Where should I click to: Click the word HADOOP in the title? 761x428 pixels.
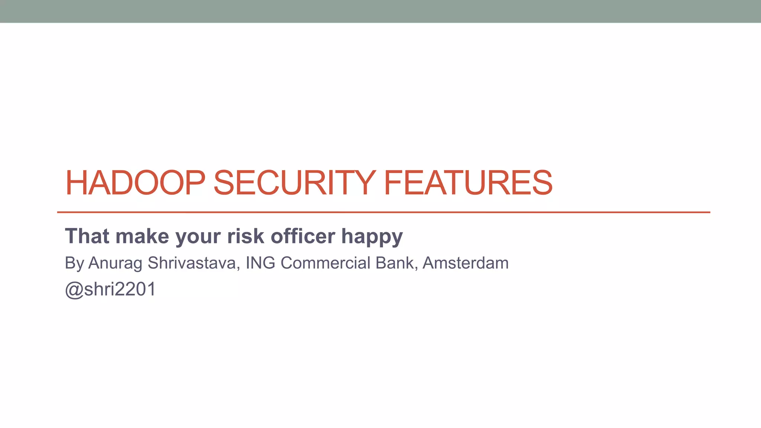click(x=135, y=182)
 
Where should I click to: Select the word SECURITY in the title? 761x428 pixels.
click(x=294, y=182)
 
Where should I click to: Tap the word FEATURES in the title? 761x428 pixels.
click(x=468, y=182)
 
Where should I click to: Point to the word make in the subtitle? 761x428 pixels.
click(x=142, y=236)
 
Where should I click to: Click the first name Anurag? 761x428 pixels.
click(x=115, y=263)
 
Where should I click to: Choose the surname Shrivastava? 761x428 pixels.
click(x=194, y=263)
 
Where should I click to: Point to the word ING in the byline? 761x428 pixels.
click(x=260, y=263)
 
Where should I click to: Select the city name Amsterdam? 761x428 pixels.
click(x=466, y=263)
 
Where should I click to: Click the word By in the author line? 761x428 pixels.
click(x=74, y=263)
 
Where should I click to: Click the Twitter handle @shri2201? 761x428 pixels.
click(x=110, y=289)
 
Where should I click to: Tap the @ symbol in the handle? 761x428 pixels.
click(x=74, y=290)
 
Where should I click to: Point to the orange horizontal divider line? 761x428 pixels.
click(x=383, y=212)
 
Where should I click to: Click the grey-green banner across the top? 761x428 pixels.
click(x=380, y=11)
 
